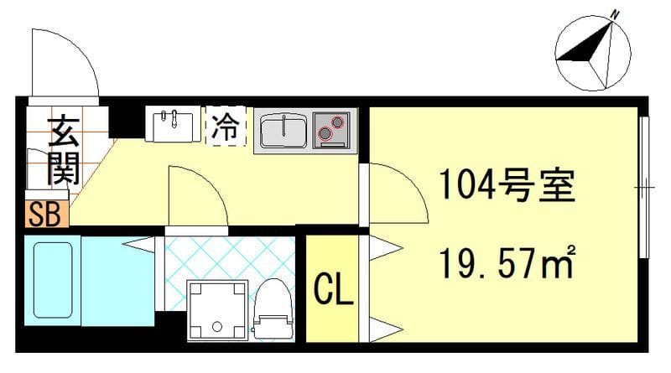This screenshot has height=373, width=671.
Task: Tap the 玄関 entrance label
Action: pyautogui.click(x=62, y=151)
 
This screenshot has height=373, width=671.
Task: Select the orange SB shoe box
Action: pyautogui.click(x=44, y=215)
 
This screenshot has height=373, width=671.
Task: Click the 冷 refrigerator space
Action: pyautogui.click(x=225, y=127)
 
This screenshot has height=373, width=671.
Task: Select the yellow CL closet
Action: pyautogui.click(x=334, y=289)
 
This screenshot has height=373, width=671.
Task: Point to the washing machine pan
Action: pyautogui.click(x=217, y=309)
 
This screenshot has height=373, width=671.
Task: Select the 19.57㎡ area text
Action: pyautogui.click(x=506, y=266)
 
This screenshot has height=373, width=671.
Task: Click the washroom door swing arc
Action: pyautogui.click(x=197, y=196)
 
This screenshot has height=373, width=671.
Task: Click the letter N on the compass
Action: pyautogui.click(x=615, y=14)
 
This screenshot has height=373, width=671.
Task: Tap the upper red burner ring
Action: pyautogui.click(x=338, y=122)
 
